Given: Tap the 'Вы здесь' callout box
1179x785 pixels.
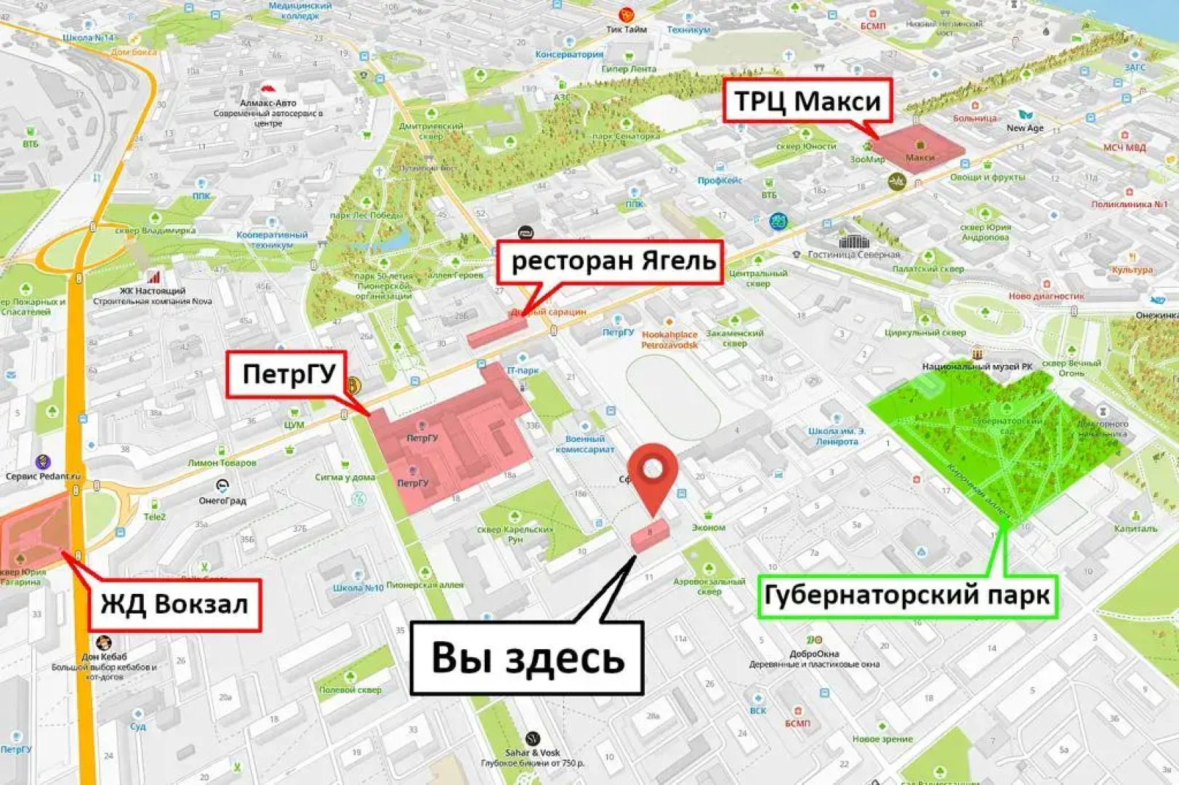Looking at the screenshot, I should click(527, 657).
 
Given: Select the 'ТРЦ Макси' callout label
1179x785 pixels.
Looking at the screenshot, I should click(807, 101).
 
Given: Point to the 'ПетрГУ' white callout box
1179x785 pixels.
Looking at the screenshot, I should click(288, 374).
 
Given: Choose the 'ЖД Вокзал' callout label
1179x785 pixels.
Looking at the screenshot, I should click(174, 604).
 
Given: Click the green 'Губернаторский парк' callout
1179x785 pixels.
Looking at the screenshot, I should click(906, 595).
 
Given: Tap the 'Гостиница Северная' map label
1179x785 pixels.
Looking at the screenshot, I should click(854, 254).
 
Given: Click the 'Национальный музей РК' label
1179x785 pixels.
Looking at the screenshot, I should click(977, 366).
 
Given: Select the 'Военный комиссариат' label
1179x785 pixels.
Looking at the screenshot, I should click(584, 443).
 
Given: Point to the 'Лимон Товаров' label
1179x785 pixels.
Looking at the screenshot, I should click(222, 462).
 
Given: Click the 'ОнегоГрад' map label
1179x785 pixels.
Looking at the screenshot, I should click(222, 500).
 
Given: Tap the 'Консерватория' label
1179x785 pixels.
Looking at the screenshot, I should click(569, 55).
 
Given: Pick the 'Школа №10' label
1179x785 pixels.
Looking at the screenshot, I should click(358, 587).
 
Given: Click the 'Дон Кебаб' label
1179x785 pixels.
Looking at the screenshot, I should click(104, 656).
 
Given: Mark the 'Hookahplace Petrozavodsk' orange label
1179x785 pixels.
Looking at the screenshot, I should click(669, 339).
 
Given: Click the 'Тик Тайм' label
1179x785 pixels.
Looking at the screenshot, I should click(626, 30).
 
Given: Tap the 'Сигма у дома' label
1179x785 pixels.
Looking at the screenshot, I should click(345, 477).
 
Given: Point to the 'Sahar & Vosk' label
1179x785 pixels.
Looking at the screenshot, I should click(532, 753).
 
